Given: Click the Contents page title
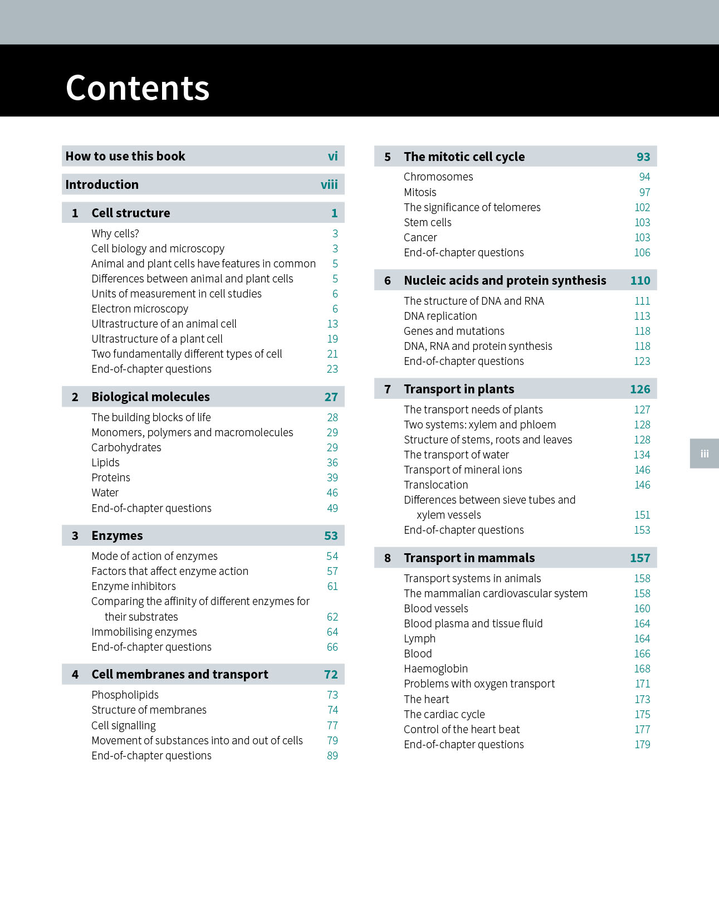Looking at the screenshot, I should coord(138,88).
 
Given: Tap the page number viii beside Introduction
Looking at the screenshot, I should coord(329,184).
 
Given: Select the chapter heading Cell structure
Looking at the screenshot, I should coord(131,213).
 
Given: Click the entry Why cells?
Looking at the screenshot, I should coord(115,233).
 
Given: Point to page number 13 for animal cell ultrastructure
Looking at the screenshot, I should coord(332,324).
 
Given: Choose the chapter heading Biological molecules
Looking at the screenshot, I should coord(150,397).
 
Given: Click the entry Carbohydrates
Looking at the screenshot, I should coord(126,447).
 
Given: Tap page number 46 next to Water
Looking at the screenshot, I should coord(332,492).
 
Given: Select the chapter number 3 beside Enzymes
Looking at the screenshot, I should coord(75,535).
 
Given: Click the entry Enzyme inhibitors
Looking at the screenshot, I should coord(134,586).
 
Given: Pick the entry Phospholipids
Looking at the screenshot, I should coord(125,695).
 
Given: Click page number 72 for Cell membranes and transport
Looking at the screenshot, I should coord(331,674).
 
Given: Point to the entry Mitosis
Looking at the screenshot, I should coord(420,192).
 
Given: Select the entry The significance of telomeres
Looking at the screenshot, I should coord(472,207).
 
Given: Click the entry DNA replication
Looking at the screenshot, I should coord(441,316).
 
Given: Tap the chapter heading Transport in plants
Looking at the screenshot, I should coord(459,389).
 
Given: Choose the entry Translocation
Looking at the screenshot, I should coord(436,485).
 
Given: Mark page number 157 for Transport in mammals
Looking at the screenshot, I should coord(640,558).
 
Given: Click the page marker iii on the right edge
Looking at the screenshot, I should coord(705,454).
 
